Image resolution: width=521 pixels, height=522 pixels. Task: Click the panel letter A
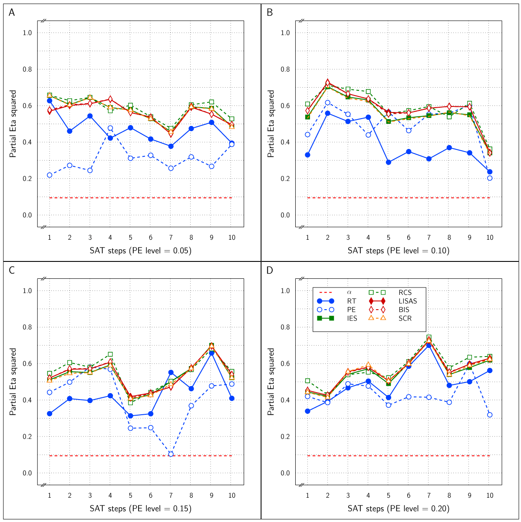[x=12, y=13]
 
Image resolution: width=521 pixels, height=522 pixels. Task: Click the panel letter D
[x=270, y=271]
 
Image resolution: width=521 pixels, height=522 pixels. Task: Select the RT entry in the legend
[x=352, y=301]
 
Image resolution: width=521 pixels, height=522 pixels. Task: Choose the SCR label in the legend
[x=405, y=318]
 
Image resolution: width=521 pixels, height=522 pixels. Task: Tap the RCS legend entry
[x=405, y=292]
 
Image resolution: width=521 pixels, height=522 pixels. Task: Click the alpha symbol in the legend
[x=349, y=292]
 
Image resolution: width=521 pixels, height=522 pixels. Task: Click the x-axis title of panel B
[x=398, y=251]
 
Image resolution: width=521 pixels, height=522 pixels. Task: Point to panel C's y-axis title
[x=13, y=381]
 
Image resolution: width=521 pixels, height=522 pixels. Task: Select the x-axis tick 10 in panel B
[x=490, y=238]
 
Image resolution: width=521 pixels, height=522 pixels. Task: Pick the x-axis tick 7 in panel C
[x=171, y=496]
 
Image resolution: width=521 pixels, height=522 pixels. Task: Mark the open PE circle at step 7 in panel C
[x=171, y=454]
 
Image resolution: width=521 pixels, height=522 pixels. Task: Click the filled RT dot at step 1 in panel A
[x=49, y=101]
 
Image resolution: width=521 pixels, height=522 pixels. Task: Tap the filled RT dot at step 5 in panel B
[x=389, y=162]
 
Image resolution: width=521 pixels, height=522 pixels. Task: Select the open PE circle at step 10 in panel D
[x=490, y=415]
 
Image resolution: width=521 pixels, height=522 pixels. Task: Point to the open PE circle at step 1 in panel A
[x=49, y=175]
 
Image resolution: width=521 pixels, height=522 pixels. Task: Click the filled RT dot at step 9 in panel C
[x=211, y=353]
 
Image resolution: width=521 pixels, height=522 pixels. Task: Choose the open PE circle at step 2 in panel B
[x=328, y=102]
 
